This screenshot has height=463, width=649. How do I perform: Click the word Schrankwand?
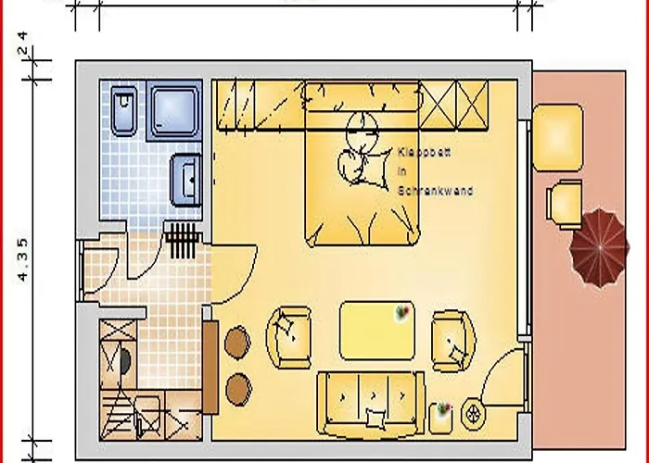pyautogui.click(x=435, y=191)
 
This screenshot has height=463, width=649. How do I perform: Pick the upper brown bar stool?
pyautogui.click(x=236, y=342)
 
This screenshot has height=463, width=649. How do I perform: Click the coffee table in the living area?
pyautogui.click(x=375, y=330)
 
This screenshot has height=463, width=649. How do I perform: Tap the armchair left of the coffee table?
pyautogui.click(x=289, y=336)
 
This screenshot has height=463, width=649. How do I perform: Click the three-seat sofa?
pyautogui.click(x=375, y=403)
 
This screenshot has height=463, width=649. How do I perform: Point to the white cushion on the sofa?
pyautogui.click(x=375, y=419)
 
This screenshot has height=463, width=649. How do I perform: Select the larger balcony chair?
pyautogui.click(x=557, y=136)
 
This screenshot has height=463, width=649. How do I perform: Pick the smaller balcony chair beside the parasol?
pyautogui.click(x=566, y=202)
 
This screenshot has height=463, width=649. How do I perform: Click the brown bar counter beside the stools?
pyautogui.click(x=210, y=367)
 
